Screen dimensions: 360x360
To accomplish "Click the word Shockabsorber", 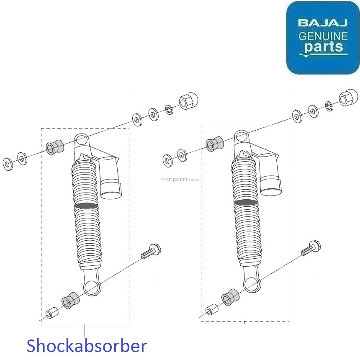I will tap(87, 347).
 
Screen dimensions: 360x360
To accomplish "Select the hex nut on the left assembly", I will tap(188, 101).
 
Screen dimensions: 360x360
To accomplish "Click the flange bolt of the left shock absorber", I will tap(152, 252).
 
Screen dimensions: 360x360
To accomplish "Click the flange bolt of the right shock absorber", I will tap(310, 248).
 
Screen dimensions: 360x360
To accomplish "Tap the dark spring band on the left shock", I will tap(86, 206).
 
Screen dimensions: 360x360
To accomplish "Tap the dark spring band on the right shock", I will tap(246, 202).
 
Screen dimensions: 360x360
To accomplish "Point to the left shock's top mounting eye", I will tap(82, 140).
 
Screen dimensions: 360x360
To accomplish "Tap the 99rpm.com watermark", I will tap(180, 179).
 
